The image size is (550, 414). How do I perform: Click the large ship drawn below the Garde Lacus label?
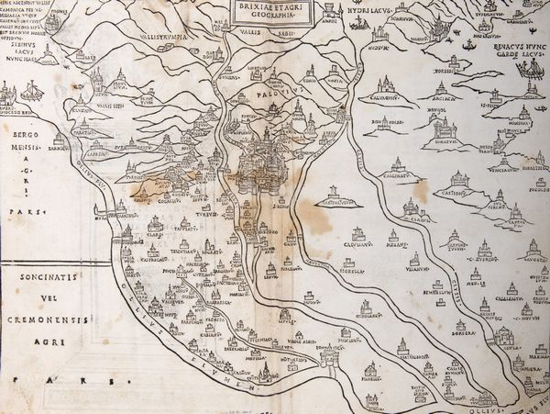[x=532, y=75]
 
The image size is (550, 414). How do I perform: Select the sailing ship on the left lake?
[x=30, y=92]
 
